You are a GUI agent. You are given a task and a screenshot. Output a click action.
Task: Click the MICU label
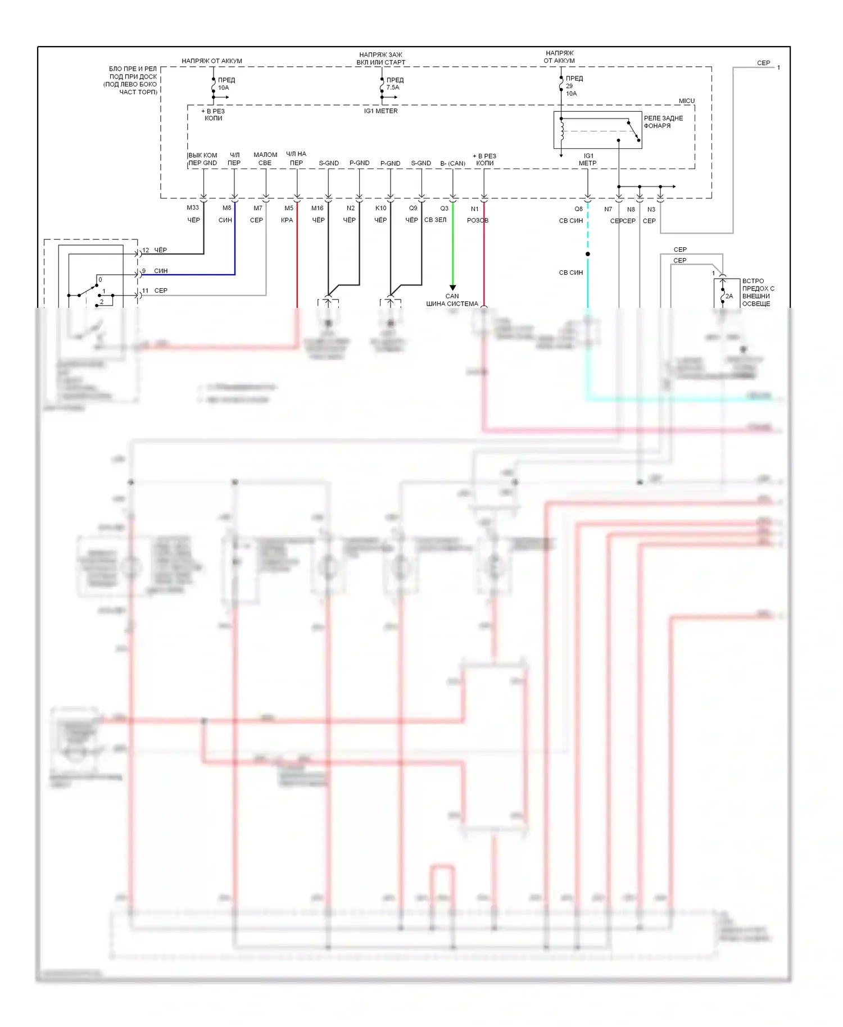[x=686, y=101]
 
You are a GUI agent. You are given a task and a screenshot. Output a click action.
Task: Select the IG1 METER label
[x=380, y=111]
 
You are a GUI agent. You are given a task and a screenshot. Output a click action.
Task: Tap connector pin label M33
[x=193, y=208]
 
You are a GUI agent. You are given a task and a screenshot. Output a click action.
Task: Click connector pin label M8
[x=226, y=208]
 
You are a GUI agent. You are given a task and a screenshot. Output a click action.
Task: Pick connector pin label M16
[x=318, y=208]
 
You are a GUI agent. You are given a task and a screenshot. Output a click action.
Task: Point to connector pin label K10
[x=381, y=208]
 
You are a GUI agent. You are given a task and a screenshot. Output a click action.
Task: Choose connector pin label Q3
[x=444, y=208]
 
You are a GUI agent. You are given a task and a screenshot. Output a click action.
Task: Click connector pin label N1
[x=475, y=209]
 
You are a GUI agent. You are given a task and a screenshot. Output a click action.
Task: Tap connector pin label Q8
[x=578, y=209]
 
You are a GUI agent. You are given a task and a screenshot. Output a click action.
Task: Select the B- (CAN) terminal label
[x=452, y=163]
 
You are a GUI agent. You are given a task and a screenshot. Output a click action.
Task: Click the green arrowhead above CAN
[x=452, y=288]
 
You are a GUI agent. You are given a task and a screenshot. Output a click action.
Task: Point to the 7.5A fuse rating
[x=393, y=88]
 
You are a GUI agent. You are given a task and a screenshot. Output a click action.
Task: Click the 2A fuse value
[x=729, y=296]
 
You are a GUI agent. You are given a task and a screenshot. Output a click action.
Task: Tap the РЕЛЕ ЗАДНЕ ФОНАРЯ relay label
[x=663, y=122]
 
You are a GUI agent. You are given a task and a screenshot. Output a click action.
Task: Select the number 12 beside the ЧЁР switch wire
[x=146, y=250]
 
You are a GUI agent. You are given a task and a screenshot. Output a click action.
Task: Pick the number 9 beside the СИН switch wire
[x=144, y=271]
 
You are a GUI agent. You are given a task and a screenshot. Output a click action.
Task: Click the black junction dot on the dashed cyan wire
[x=588, y=254]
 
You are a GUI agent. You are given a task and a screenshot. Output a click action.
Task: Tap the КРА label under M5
[x=287, y=220]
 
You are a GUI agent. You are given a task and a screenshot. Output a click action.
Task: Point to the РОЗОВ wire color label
[x=478, y=221]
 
